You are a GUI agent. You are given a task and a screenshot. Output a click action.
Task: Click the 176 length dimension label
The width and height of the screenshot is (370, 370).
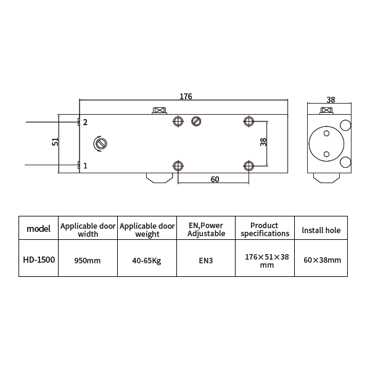tap(186, 96)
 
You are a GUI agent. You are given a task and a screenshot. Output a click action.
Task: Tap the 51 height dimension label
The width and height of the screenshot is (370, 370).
tap(55, 142)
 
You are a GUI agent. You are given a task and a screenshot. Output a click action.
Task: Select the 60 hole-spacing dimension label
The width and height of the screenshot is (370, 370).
tap(215, 179)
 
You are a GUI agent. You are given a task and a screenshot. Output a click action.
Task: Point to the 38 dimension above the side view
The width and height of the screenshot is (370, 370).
tap(331, 100)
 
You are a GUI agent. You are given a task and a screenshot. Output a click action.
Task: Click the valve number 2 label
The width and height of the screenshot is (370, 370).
tap(85, 122)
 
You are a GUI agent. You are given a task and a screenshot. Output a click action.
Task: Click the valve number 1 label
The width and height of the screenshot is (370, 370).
tap(85, 166)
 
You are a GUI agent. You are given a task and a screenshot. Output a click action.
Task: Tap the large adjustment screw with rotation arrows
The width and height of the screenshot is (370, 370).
tap(101, 144)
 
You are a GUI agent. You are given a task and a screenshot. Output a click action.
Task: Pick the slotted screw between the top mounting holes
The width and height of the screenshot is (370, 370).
tap(196, 121)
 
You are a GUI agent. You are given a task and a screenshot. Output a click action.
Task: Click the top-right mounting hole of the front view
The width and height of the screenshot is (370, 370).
tap(249, 121)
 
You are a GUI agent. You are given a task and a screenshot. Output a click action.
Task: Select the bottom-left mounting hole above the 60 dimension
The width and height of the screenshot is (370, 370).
tap(178, 166)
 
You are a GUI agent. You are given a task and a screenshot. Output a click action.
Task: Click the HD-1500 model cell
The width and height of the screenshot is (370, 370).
tap(39, 260)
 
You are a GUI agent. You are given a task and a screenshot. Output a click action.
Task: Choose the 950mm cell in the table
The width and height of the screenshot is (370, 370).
tap(88, 260)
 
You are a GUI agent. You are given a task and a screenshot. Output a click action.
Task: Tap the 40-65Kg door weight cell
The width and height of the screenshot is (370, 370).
tap(147, 260)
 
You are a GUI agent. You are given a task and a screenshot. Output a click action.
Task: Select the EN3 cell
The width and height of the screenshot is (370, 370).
tap(206, 260)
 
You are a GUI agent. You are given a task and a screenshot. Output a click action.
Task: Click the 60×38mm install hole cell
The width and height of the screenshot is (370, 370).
tap(322, 260)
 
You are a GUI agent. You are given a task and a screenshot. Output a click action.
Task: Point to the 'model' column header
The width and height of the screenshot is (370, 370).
tap(38, 229)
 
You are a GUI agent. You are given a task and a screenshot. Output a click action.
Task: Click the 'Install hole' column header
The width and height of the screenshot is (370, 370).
tap(321, 230)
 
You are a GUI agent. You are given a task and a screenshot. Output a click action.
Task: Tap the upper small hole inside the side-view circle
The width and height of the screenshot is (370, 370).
tap(326, 134)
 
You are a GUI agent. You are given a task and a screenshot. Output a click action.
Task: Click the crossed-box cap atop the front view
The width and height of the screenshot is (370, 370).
tap(160, 110)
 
